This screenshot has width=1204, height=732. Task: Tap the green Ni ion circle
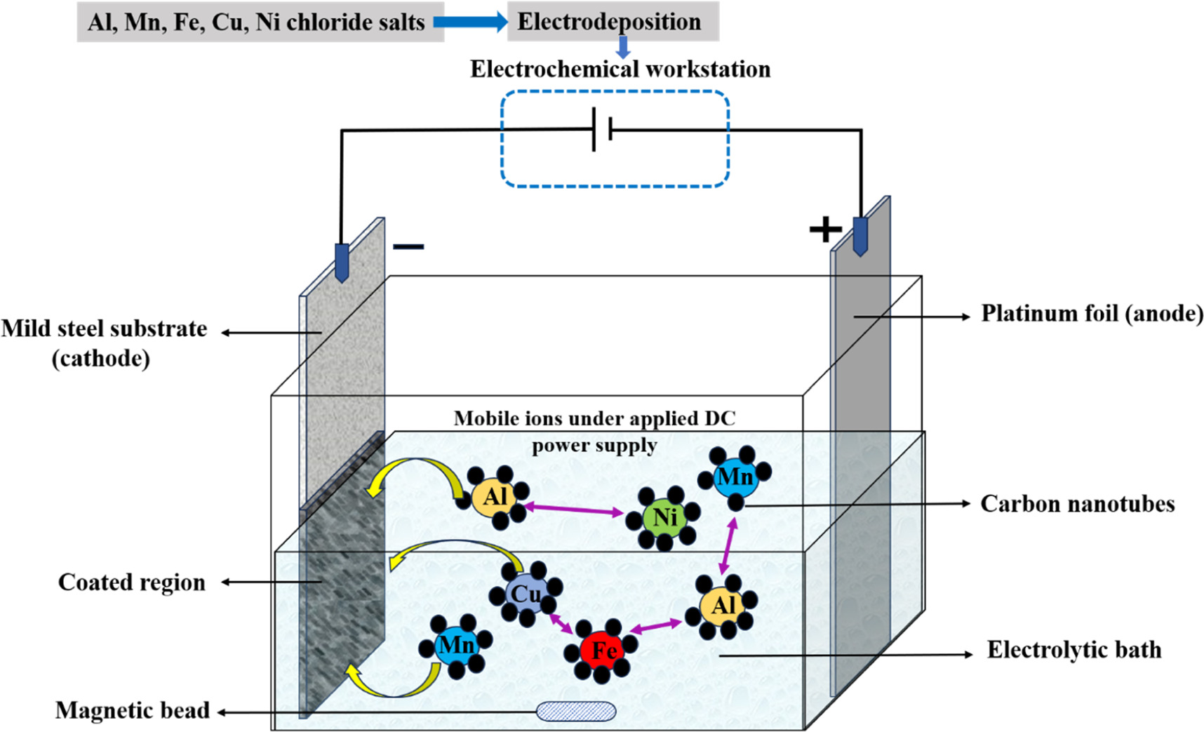[664, 518]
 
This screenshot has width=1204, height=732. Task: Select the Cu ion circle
[526, 594]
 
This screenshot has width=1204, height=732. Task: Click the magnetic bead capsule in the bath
[576, 711]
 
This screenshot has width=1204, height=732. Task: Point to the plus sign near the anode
[825, 229]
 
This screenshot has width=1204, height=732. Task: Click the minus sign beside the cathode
[408, 246]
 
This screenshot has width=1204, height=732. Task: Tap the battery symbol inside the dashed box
[602, 129]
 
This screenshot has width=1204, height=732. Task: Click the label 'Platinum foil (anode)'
[1091, 313]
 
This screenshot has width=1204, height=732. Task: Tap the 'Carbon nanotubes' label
[1077, 504]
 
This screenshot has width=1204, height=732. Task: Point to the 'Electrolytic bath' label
[1073, 650]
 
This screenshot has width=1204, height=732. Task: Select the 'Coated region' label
[132, 583]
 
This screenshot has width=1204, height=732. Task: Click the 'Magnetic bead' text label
[133, 710]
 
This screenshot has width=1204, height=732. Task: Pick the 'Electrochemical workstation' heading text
[620, 69]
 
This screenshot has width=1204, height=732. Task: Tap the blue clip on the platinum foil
[860, 236]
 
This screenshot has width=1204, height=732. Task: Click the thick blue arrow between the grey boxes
[471, 22]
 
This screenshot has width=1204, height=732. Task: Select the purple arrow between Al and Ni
[573, 509]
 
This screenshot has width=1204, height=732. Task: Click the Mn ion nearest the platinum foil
[735, 477]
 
